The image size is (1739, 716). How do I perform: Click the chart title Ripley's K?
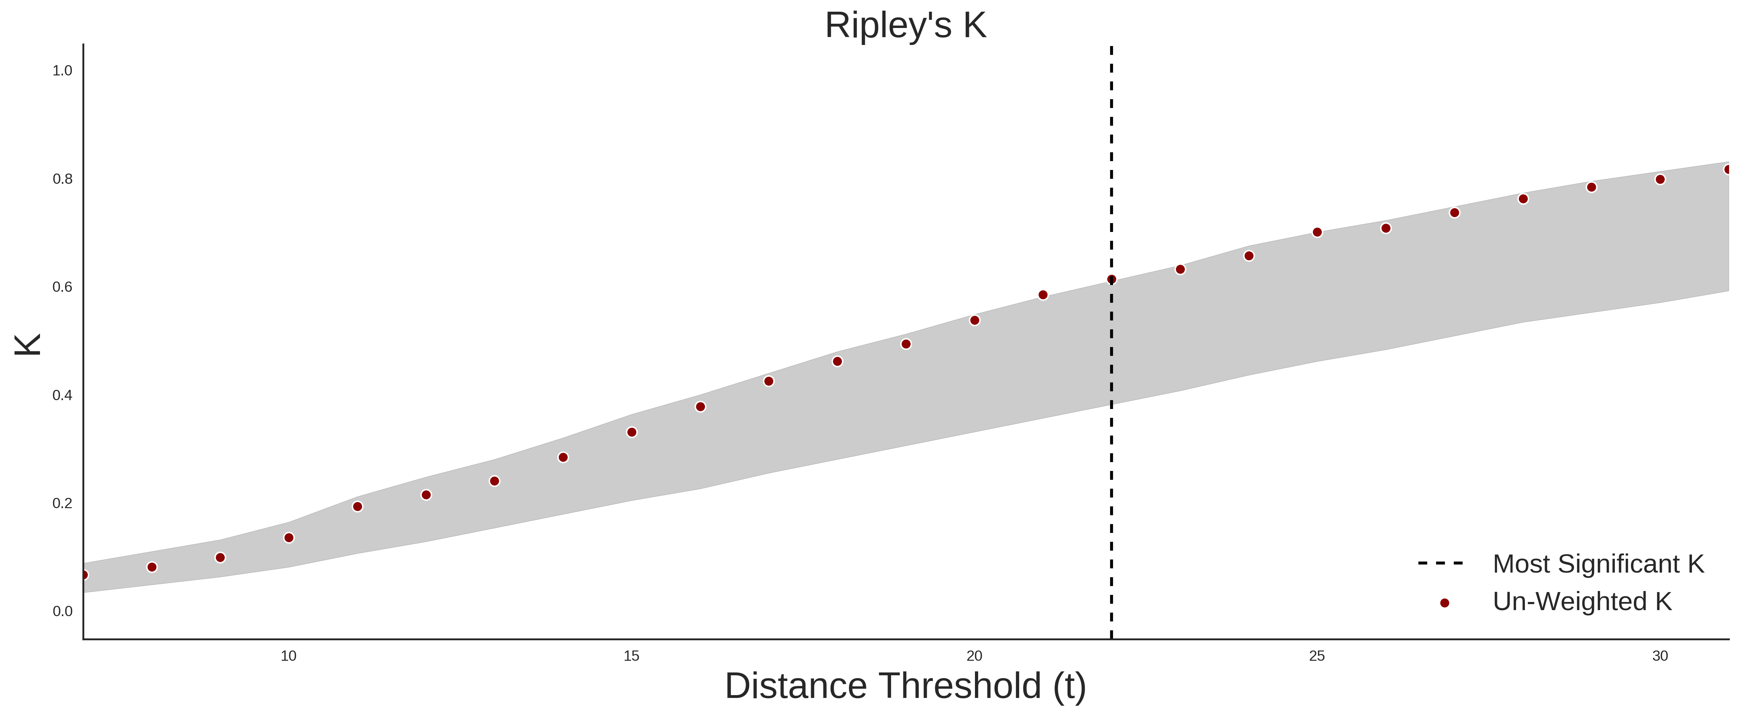coord(905,25)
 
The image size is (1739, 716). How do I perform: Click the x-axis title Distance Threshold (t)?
coord(905,686)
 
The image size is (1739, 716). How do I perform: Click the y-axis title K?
coord(28,345)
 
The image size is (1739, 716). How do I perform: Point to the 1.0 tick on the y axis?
coord(62,71)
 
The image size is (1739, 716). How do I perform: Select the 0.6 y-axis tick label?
coord(62,287)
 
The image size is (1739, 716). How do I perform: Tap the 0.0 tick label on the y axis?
coord(62,611)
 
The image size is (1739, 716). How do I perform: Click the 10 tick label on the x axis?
coord(288,656)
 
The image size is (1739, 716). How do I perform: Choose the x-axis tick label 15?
coord(631,656)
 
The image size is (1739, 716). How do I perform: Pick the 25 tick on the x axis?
coord(1317,656)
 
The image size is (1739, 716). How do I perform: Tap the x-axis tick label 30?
coord(1660,656)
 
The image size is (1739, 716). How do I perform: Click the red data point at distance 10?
coord(289,538)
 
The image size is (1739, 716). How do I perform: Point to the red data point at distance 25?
coord(1317,232)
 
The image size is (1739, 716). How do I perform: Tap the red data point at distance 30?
coord(1660,180)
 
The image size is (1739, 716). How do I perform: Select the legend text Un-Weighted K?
coord(1582,602)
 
